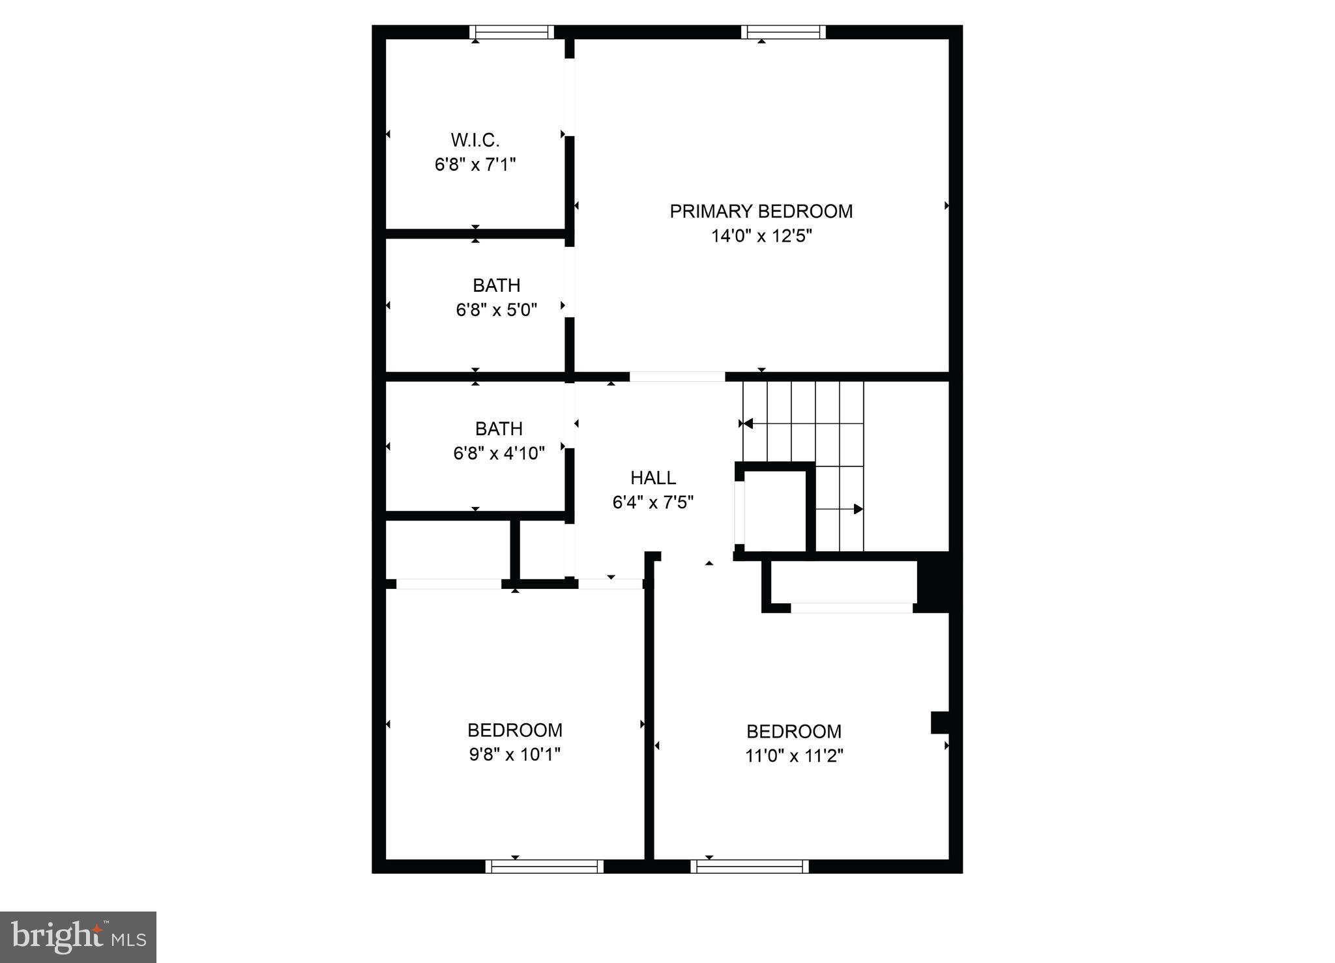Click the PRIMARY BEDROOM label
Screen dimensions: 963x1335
pyautogui.click(x=761, y=211)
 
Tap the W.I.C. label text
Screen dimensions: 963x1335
pyautogui.click(x=475, y=140)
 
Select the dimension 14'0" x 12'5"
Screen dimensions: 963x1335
pyautogui.click(x=761, y=236)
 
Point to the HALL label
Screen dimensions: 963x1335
pyautogui.click(x=653, y=478)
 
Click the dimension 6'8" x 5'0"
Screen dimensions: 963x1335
pyautogui.click(x=496, y=310)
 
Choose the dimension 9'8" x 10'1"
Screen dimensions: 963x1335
pyautogui.click(x=514, y=755)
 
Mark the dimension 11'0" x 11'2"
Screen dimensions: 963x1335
pyautogui.click(x=794, y=756)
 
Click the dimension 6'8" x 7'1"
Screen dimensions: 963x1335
pyautogui.click(x=475, y=164)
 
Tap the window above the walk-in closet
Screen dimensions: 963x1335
pyautogui.click(x=512, y=32)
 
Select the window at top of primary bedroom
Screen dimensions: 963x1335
pyautogui.click(x=784, y=32)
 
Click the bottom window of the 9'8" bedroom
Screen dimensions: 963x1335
pyautogui.click(x=544, y=867)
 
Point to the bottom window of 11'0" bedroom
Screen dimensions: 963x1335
pyautogui.click(x=750, y=867)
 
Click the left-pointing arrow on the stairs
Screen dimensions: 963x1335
pyautogui.click(x=748, y=424)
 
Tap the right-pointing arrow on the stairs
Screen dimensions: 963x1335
pyautogui.click(x=858, y=509)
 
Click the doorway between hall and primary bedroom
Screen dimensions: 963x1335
pyautogui.click(x=677, y=377)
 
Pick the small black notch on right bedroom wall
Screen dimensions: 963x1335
pyautogui.click(x=939, y=722)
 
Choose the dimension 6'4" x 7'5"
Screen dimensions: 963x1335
pyautogui.click(x=653, y=502)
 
